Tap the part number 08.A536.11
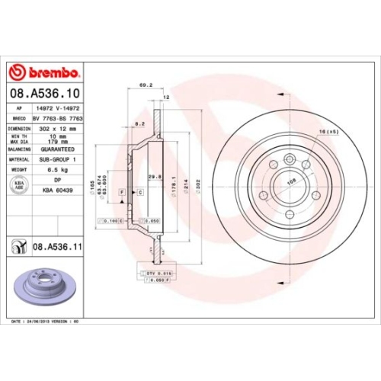pyautogui.click(x=59, y=247)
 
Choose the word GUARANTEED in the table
pyautogui.click(x=59, y=151)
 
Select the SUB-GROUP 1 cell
pyautogui.click(x=59, y=160)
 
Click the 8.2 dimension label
pyautogui.click(x=139, y=123)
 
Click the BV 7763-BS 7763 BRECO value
pyautogui.click(x=59, y=120)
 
